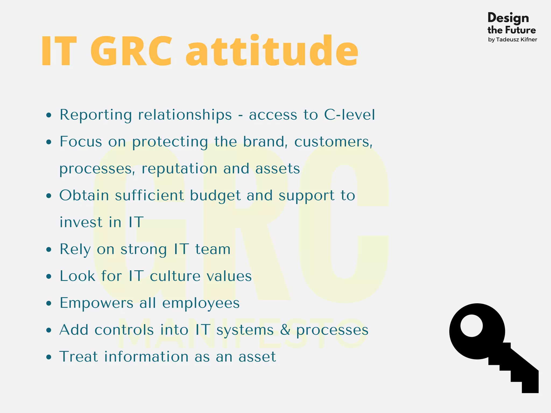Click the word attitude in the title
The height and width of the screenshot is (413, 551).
coord(272,51)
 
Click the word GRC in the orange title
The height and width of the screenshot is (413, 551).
coord(131,51)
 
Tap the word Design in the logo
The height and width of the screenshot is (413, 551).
coord(508,18)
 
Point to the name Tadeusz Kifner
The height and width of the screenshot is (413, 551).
coord(516,40)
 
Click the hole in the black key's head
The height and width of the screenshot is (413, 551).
coord(471,326)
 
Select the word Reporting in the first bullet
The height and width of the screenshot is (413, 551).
coord(96,115)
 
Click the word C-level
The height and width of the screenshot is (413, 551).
coord(349,115)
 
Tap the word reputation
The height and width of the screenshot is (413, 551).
coord(179,169)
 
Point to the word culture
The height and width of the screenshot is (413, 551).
coord(175,276)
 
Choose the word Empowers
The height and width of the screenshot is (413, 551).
coord(96,303)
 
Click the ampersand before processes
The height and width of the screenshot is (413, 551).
coord(285,330)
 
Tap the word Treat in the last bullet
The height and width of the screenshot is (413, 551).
coord(79,357)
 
